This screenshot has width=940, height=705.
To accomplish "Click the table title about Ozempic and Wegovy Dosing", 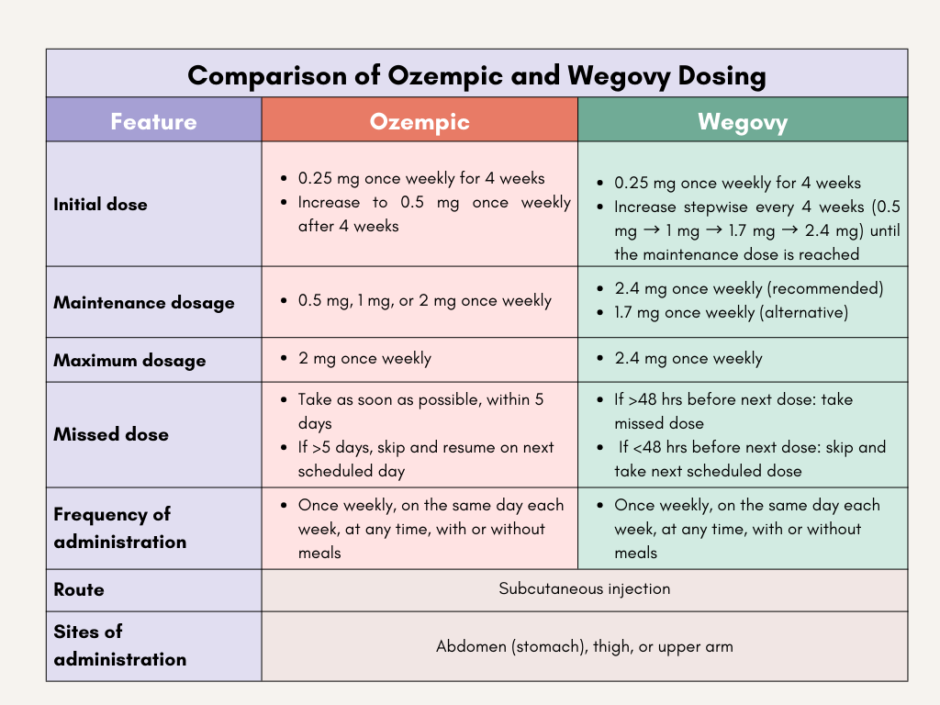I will [x=476, y=74].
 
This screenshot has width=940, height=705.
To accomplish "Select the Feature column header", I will [x=153, y=121].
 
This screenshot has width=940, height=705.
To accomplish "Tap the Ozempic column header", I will [x=420, y=121].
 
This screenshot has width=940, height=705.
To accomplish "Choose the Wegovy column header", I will [x=742, y=121].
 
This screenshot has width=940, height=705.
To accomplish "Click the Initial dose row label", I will [x=100, y=205].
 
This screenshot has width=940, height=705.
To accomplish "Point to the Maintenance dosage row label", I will [x=144, y=302].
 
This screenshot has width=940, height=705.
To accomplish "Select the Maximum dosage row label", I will [x=129, y=360].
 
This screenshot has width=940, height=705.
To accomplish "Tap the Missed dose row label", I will [x=111, y=434].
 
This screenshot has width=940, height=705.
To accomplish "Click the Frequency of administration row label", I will [x=120, y=528].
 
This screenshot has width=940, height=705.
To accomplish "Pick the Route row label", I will [x=79, y=589].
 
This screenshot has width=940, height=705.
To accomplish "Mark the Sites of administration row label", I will [x=120, y=645].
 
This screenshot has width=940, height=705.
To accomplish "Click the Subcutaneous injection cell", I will [x=585, y=588].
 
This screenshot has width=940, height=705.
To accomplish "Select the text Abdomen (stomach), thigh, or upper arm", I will [x=585, y=646].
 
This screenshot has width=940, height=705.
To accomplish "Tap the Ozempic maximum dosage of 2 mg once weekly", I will [x=364, y=359].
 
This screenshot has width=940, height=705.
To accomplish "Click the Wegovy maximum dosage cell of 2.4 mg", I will [x=688, y=359].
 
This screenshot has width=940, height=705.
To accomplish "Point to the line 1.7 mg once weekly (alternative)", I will [x=731, y=312].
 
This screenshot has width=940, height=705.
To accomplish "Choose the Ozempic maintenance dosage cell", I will [x=425, y=301].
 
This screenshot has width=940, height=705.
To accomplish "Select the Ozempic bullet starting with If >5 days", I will [x=426, y=459].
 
